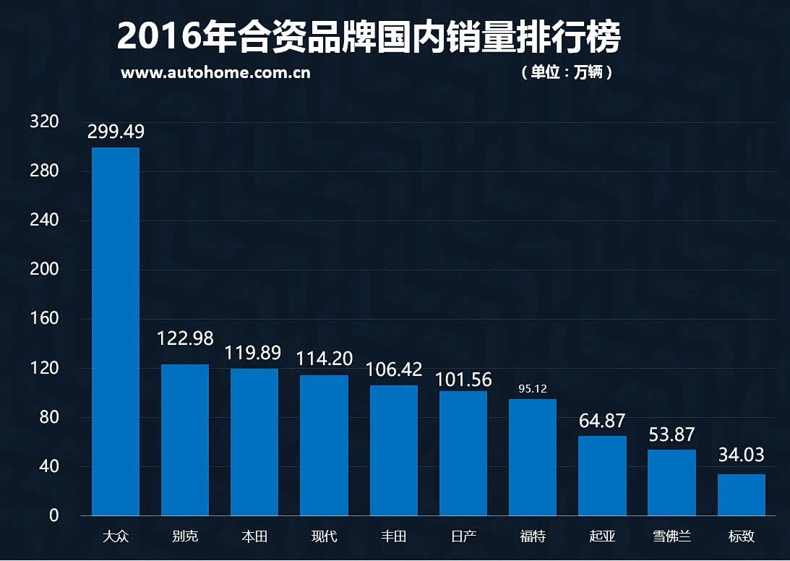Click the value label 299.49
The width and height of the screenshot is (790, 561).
[116, 132]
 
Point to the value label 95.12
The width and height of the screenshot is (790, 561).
[533, 389]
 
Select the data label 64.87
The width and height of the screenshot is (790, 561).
[602, 421]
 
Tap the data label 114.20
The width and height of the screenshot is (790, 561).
[325, 358]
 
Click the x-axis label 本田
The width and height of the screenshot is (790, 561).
[254, 536]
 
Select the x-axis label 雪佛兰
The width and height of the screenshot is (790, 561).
[671, 536]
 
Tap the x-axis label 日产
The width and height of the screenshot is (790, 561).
[463, 536]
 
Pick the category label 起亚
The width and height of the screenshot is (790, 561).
[602, 536]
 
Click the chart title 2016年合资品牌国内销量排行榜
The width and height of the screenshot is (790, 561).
[369, 38]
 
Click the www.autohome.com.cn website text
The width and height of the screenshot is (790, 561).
[215, 73]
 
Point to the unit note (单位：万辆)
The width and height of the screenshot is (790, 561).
[567, 73]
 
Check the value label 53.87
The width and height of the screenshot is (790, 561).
[671, 435]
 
